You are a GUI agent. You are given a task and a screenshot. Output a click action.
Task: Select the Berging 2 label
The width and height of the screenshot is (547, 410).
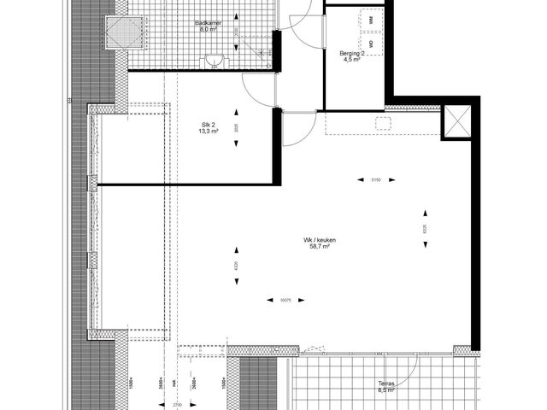(x=352, y=53)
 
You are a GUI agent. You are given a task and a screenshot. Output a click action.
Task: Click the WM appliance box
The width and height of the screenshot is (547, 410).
(x=372, y=19)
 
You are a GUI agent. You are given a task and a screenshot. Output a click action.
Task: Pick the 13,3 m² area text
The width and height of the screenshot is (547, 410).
(x=205, y=132)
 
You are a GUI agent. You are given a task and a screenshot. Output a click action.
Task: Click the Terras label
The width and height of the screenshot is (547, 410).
(x=386, y=384)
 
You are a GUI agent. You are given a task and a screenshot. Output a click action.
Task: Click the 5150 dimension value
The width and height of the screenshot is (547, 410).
(x=375, y=179)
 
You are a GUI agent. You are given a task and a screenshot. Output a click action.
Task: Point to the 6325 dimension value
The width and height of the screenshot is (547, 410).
(x=425, y=229)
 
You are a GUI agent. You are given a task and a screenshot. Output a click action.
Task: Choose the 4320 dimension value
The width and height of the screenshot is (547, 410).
(x=236, y=265)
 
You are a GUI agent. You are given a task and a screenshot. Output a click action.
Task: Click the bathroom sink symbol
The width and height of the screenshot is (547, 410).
(x=216, y=60)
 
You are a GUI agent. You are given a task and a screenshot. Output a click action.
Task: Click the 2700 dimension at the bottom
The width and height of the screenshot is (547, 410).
(x=178, y=404)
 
